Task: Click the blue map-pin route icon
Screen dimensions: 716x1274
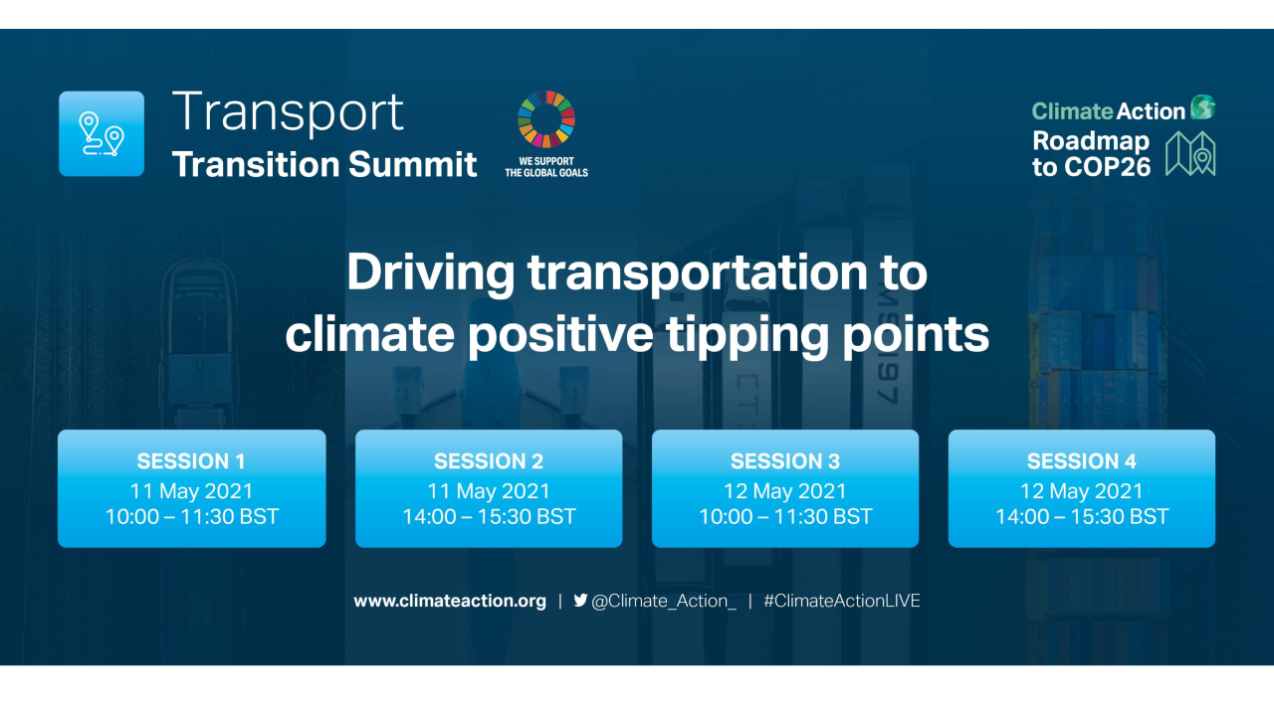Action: click(102, 133)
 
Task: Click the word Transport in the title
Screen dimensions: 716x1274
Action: click(288, 111)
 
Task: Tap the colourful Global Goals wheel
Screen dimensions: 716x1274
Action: click(546, 119)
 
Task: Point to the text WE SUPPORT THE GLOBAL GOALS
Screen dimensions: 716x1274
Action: click(546, 166)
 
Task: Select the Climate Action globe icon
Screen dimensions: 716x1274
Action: click(1202, 107)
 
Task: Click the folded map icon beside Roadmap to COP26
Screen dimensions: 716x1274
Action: click(1190, 154)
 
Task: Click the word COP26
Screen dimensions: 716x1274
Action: click(1105, 166)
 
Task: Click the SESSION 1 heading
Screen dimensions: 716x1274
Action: click(191, 461)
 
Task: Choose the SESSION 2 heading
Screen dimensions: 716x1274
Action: click(489, 461)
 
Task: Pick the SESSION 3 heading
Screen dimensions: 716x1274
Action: click(785, 461)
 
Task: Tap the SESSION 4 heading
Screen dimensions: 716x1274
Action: click(1082, 461)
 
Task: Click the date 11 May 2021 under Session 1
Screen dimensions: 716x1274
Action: click(191, 490)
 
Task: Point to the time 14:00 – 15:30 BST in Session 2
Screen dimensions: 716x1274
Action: click(489, 517)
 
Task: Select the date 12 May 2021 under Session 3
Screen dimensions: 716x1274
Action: click(785, 490)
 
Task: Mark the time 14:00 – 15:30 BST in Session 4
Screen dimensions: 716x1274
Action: click(1082, 517)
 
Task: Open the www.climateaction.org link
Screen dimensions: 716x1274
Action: click(450, 601)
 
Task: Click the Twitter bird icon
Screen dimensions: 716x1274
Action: click(580, 600)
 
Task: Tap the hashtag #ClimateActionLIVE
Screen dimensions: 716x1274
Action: click(842, 601)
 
